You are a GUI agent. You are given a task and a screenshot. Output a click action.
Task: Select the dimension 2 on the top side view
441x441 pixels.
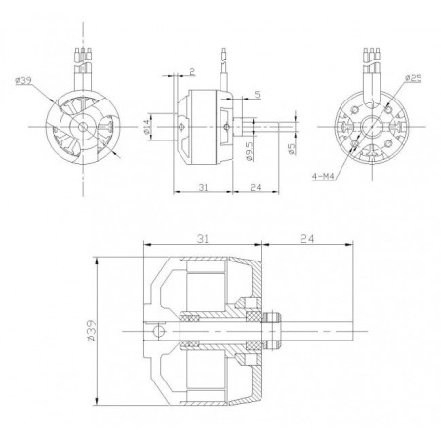[194, 71]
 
